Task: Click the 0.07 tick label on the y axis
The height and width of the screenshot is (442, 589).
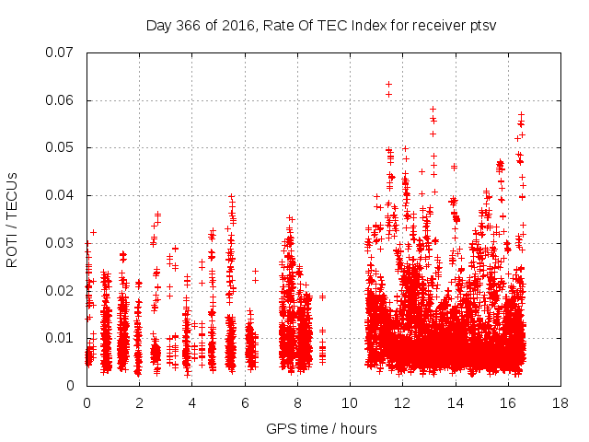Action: (x=61, y=52)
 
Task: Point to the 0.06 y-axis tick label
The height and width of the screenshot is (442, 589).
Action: (x=61, y=100)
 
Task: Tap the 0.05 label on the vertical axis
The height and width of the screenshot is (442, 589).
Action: (x=61, y=147)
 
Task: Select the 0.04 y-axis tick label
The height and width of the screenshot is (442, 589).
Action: (x=61, y=195)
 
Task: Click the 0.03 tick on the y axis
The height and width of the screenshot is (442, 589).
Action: (x=61, y=243)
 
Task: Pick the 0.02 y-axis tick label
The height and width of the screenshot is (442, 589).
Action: (x=61, y=290)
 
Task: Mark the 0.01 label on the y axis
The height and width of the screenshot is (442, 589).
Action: (x=61, y=338)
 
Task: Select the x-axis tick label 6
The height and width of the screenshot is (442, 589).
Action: (x=245, y=402)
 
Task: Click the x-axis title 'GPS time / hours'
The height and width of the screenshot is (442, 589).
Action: (x=321, y=428)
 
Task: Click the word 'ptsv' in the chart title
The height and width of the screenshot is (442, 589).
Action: (x=483, y=25)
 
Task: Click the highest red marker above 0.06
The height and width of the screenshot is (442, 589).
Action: (x=388, y=84)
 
